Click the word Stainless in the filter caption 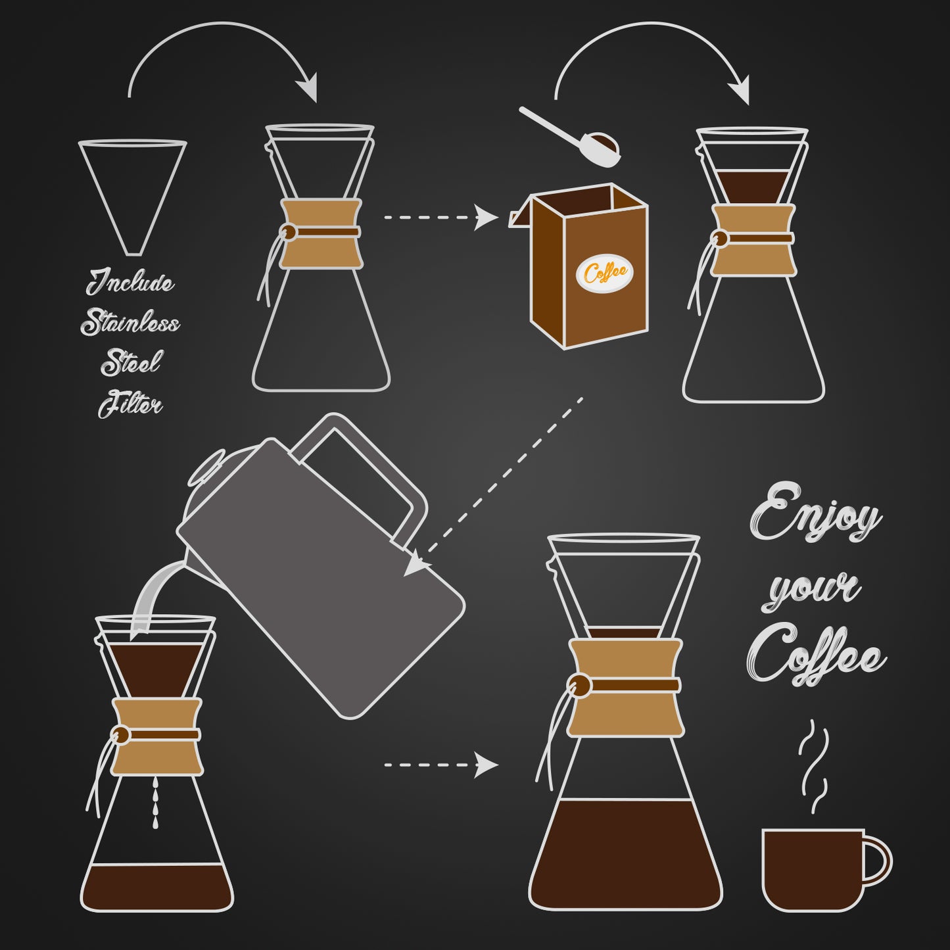pos(130,323)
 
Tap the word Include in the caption pos(130,283)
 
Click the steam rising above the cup pos(814,766)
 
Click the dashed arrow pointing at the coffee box pos(440,217)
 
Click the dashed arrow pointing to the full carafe pos(440,765)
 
